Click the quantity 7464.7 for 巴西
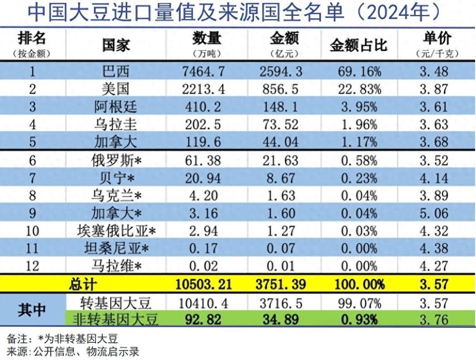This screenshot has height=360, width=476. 206,72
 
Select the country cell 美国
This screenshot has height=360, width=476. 115,89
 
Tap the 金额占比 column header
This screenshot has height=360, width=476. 358,45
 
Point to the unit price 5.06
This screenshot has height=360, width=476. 433,213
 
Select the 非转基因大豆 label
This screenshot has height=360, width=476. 115,320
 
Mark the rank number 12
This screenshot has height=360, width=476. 32,266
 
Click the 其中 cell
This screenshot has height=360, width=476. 32,311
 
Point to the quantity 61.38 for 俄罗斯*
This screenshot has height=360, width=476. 203,160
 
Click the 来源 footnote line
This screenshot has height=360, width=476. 72,351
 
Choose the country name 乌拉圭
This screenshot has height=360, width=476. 115,125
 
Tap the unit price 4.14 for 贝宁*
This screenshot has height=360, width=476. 433,178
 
